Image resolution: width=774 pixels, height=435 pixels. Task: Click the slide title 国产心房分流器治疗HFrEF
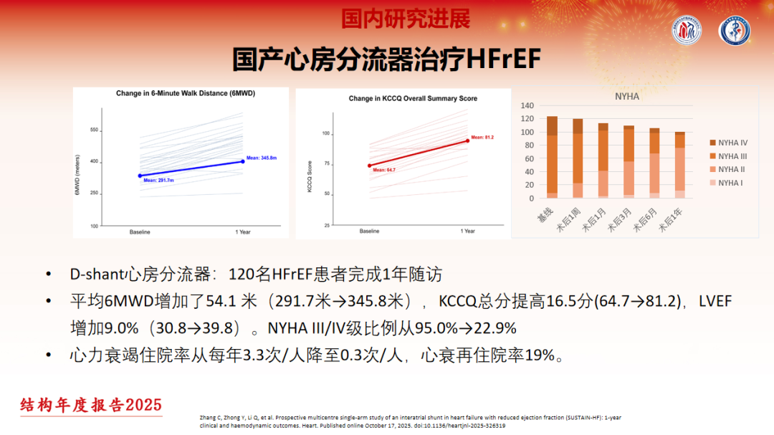point(386,59)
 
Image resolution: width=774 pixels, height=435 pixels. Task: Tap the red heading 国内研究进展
point(405,19)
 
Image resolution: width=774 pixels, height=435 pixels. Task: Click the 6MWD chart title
point(186,94)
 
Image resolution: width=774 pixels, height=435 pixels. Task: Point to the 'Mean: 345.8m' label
point(262,157)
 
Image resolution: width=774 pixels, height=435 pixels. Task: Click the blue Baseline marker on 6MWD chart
point(140,176)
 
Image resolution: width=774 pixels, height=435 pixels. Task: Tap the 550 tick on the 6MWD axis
point(94,130)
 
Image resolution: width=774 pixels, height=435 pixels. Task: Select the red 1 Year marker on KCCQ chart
point(468,140)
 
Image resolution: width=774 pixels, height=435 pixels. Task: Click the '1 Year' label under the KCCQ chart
point(468,231)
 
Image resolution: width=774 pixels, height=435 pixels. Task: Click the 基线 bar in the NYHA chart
point(552,157)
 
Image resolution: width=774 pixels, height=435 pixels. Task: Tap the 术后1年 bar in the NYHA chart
point(680,165)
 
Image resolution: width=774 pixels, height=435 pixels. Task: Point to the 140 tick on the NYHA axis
point(527,105)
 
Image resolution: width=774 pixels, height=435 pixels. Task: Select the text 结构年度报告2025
point(91,405)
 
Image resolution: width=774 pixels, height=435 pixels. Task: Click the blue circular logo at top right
point(735,32)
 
